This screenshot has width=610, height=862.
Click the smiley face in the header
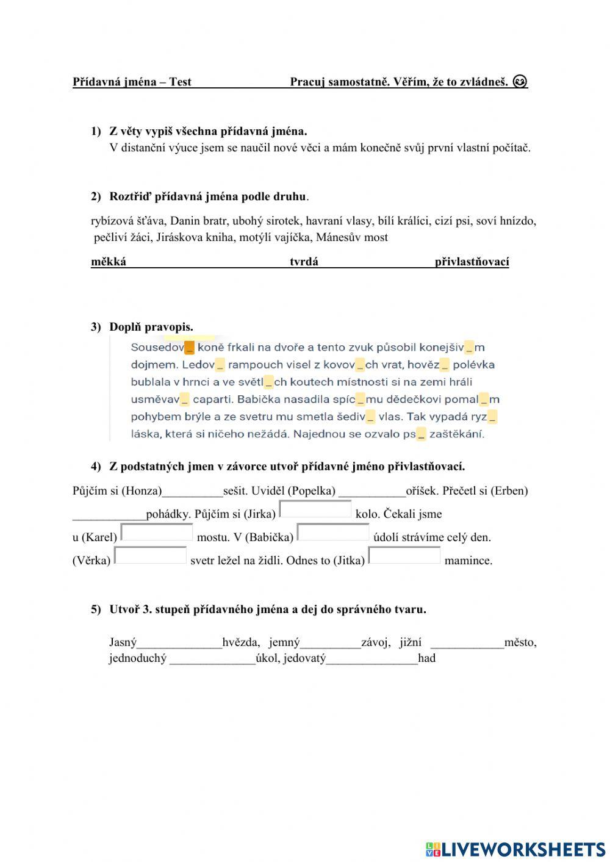click(520, 81)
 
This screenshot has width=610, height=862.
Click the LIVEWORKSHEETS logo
click(515, 849)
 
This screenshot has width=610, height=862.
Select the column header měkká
click(109, 262)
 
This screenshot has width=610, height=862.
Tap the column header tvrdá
click(304, 262)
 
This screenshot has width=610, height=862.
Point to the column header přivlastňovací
click(472, 262)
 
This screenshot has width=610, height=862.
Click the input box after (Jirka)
click(315, 509)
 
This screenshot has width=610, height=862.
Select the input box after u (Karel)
click(157, 533)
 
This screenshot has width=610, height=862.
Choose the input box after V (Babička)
click(333, 533)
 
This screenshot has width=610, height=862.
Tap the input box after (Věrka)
click(151, 556)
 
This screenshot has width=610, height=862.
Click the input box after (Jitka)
click(404, 556)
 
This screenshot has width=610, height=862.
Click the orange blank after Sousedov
click(189, 348)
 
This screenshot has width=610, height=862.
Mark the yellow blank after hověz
click(444, 365)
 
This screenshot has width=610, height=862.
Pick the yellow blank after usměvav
click(185, 400)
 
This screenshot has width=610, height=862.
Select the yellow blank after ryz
click(492, 417)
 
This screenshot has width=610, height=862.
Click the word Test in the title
click(180, 82)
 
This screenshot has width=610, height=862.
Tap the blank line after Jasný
click(179, 642)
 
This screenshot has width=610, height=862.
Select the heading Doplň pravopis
click(151, 327)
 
